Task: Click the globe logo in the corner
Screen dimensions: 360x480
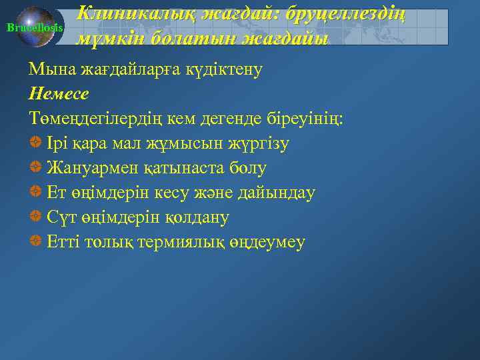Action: coord(35,27)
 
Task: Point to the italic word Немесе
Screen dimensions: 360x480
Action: coord(59,93)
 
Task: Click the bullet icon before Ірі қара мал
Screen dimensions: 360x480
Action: coord(35,143)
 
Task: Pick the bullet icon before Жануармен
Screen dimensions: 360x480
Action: coord(35,167)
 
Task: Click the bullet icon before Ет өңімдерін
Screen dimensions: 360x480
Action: coord(35,192)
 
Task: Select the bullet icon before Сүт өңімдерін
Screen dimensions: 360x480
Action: coord(35,217)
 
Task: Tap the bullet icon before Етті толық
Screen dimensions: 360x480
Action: coord(35,241)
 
